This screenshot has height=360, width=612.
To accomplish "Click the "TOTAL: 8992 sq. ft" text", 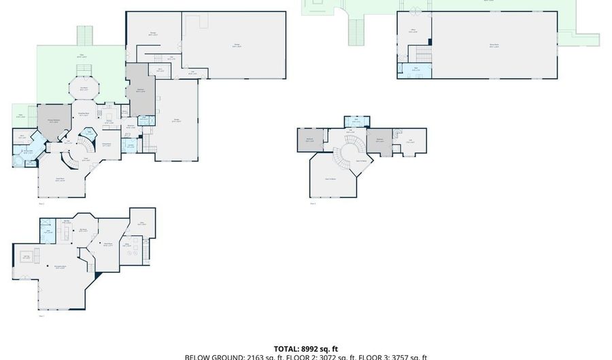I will tap(305, 348).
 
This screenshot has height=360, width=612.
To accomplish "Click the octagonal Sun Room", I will tap(84, 88).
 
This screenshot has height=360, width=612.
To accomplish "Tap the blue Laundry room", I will tap(131, 144).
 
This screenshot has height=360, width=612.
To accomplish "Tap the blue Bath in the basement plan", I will tap(49, 233).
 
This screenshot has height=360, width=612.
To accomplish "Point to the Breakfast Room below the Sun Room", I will tap(84, 116).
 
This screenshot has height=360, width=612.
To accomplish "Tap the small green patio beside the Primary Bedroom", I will tap(22, 115).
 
